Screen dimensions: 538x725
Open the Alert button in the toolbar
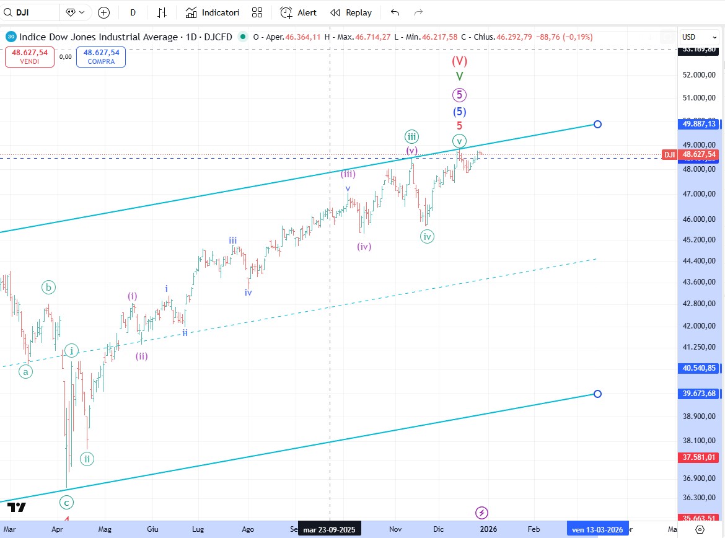click(298, 12)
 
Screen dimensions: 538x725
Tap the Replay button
click(351, 12)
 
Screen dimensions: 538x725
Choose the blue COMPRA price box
click(101, 56)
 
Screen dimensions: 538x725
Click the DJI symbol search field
click(30, 12)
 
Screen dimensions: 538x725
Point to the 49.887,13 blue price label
click(699, 124)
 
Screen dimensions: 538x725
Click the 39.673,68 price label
click(699, 394)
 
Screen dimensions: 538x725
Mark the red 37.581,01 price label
click(699, 457)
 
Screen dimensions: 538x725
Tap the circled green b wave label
click(49, 287)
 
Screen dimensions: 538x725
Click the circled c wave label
click(66, 502)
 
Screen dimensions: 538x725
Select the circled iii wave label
click(411, 136)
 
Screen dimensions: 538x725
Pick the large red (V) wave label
click(459, 61)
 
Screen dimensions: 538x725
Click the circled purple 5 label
click(459, 95)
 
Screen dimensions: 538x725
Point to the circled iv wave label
click(427, 236)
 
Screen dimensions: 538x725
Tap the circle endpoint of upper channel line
click(597, 124)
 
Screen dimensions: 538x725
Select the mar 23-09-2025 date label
click(329, 530)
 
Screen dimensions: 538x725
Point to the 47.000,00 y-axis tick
click(699, 194)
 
